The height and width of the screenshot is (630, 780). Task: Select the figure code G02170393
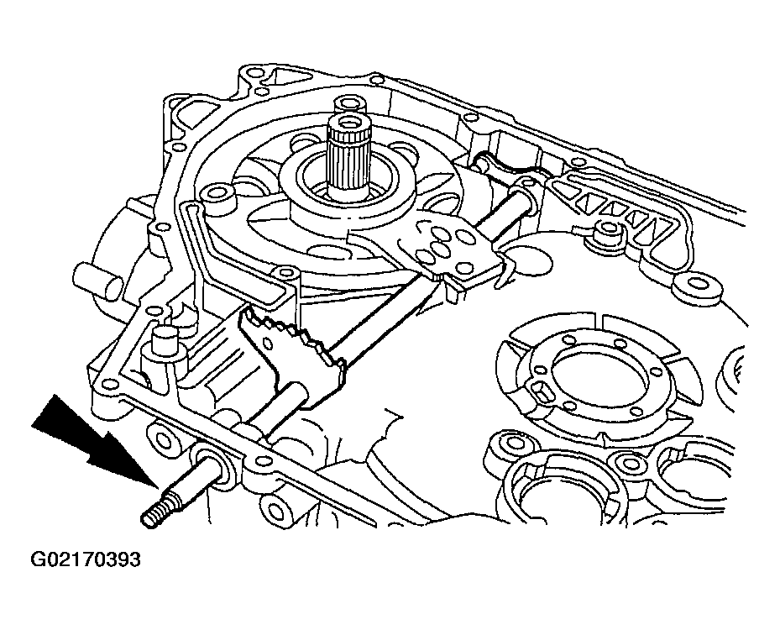pos(85,559)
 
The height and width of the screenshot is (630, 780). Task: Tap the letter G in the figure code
pos(39,559)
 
